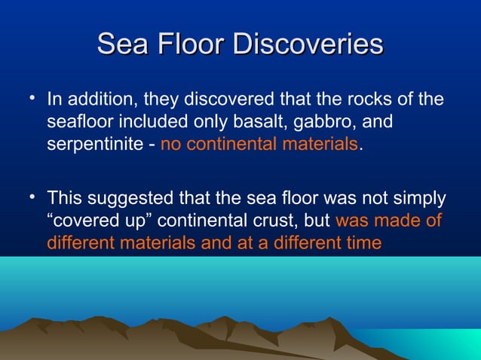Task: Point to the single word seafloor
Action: (78, 121)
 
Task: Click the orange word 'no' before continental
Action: (170, 144)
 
